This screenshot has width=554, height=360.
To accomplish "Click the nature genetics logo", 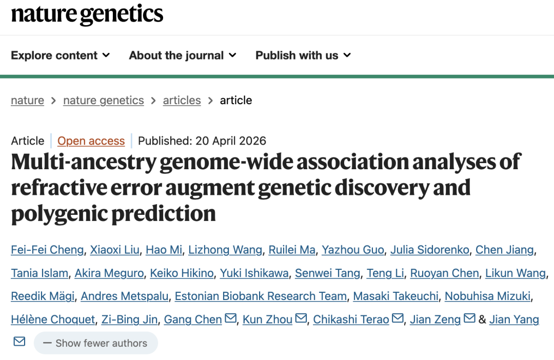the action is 87,14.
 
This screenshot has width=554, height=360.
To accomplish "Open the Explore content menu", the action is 61,55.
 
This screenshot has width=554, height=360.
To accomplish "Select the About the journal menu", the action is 182,55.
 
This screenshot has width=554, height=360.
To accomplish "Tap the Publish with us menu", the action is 303,55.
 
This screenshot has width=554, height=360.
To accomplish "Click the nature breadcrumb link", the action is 28,101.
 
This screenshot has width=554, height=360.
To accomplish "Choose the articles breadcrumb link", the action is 182,101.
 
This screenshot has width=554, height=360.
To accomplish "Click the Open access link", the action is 91,141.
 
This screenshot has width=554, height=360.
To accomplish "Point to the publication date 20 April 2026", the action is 231,141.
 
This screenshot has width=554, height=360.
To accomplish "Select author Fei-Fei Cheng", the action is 47,250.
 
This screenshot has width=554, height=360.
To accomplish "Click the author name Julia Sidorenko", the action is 430,250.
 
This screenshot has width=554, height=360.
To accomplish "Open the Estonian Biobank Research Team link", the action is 261,296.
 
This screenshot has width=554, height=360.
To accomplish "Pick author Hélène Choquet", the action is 53,319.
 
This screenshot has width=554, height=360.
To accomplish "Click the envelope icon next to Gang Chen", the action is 231,318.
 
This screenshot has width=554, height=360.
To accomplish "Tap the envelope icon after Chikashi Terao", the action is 398,318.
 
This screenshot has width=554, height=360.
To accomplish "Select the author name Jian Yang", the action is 514,319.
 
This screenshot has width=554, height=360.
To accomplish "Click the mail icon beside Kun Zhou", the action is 301,318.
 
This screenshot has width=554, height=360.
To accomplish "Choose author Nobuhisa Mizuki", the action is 488,296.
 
